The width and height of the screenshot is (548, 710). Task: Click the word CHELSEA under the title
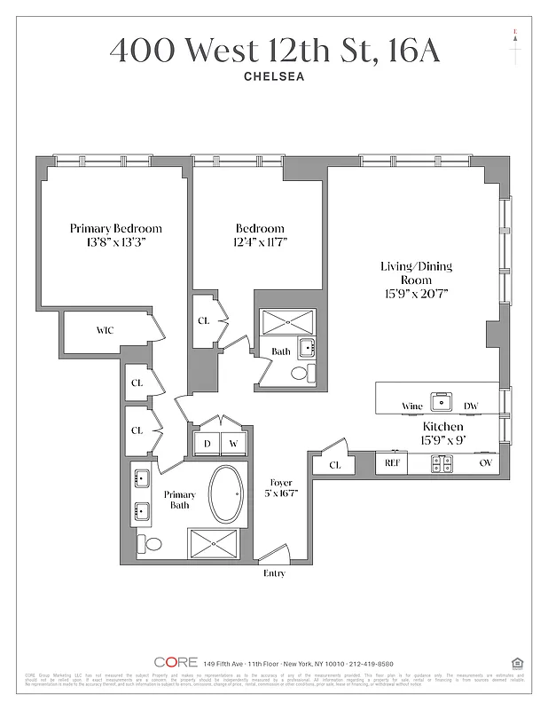(274, 76)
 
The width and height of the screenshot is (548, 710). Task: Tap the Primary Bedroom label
(115, 228)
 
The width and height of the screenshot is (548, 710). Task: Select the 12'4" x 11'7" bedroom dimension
(259, 242)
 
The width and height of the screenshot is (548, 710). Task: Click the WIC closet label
(105, 330)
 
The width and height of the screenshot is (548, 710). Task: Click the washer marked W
(234, 443)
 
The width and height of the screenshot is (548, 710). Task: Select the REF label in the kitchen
(391, 462)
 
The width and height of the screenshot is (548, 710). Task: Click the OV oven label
(486, 462)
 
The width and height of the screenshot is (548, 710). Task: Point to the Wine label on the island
(412, 406)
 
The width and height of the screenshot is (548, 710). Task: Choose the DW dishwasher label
(471, 406)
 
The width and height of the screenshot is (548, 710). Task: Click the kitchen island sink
(441, 402)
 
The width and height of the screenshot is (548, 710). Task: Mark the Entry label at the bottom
(275, 573)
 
